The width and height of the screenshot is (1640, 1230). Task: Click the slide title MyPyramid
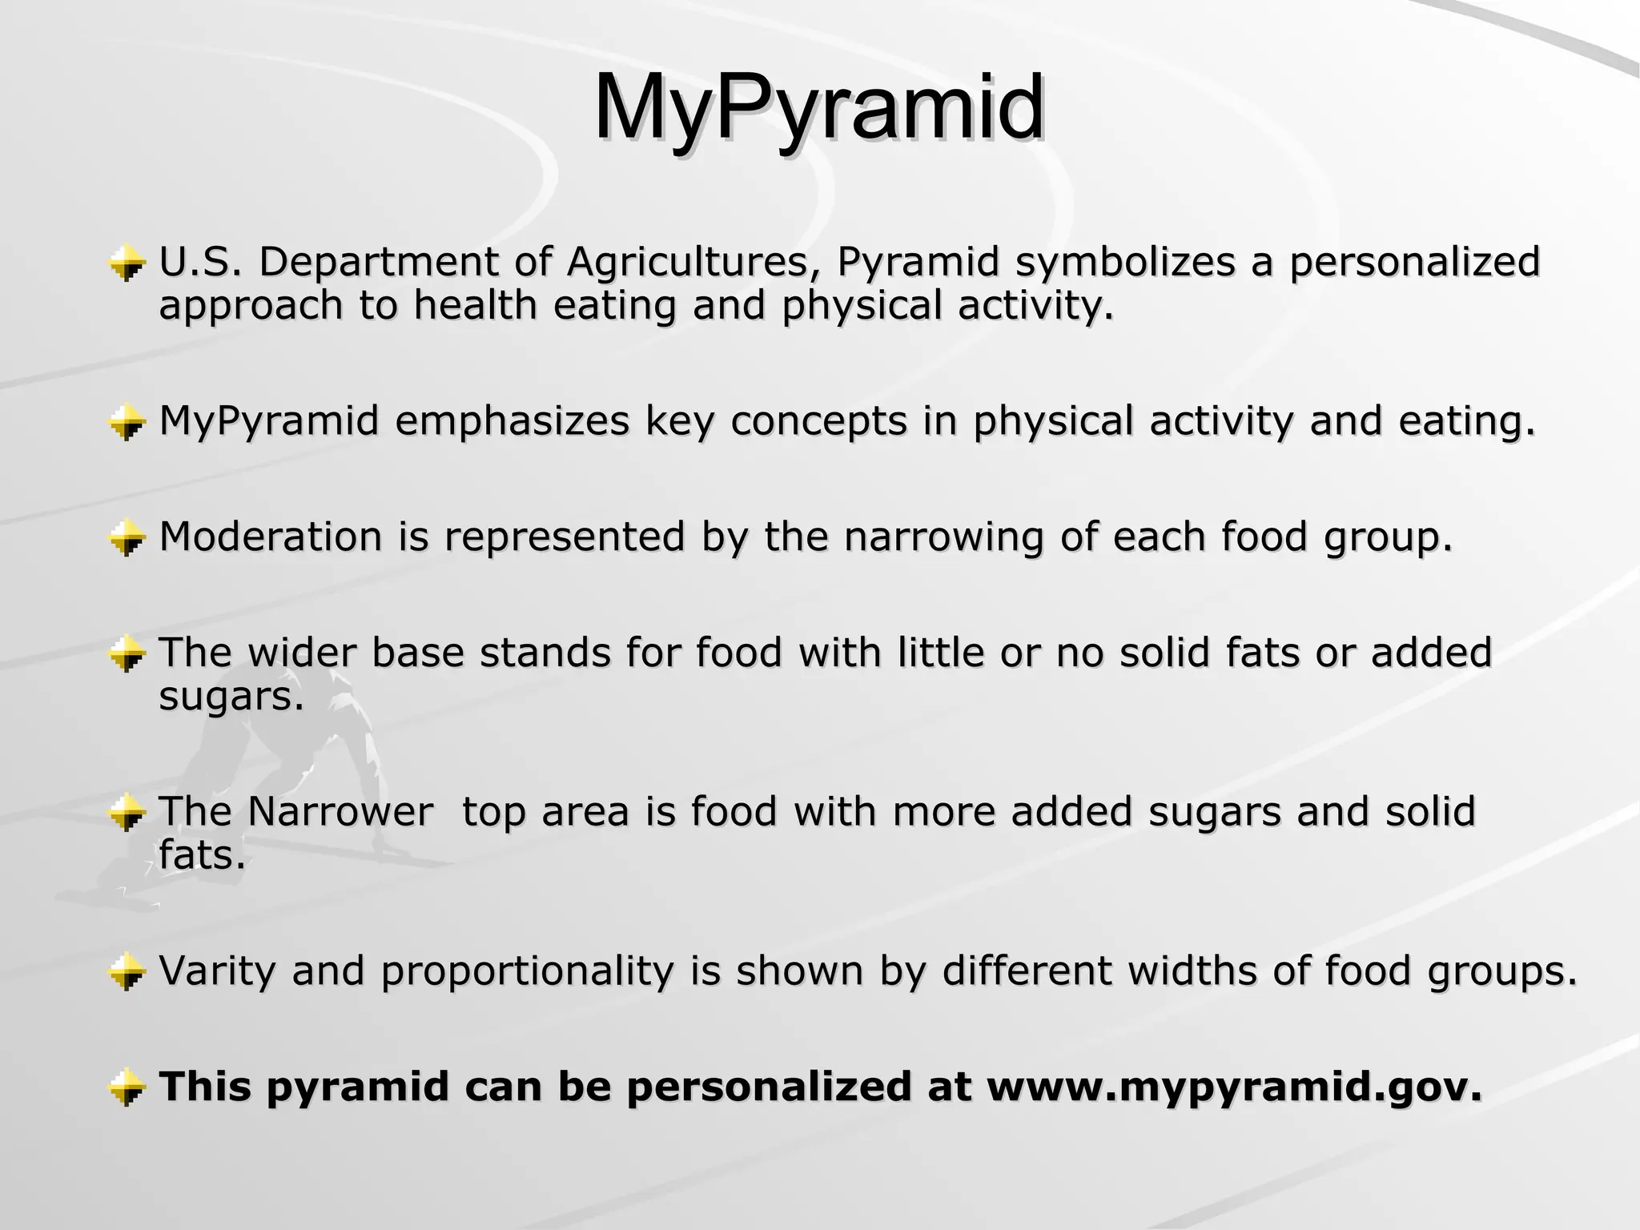(818, 108)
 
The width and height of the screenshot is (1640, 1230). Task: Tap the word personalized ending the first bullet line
(1414, 262)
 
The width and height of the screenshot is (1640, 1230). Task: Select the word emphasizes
(512, 421)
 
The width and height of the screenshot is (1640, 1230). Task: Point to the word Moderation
(271, 536)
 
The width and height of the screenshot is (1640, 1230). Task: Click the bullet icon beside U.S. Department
(127, 263)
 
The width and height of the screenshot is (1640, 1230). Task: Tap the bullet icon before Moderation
(127, 537)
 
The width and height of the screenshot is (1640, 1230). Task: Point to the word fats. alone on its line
(202, 855)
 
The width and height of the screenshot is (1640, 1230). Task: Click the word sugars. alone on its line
(231, 697)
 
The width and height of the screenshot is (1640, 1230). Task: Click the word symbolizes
(1126, 262)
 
